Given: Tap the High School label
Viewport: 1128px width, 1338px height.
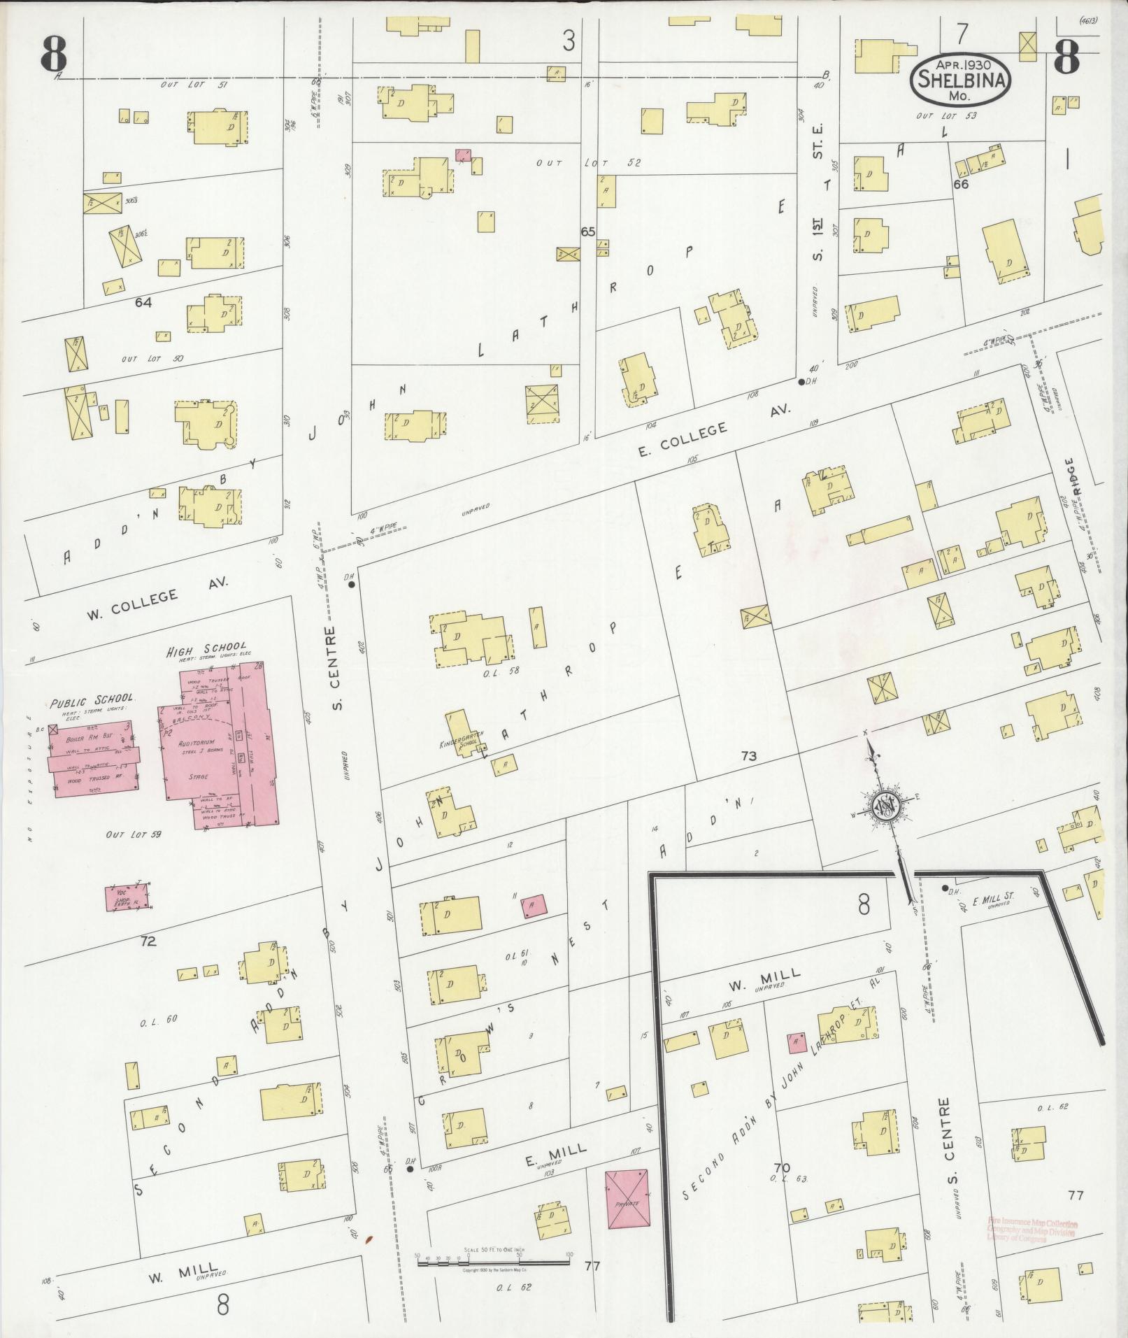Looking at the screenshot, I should point(206,649).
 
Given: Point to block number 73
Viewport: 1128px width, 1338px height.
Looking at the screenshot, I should point(749,755).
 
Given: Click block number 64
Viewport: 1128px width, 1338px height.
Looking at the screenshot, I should point(144,302).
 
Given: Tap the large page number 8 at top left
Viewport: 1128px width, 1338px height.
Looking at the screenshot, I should point(54,53).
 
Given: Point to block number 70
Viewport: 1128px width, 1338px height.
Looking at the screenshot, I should point(781,1167).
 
